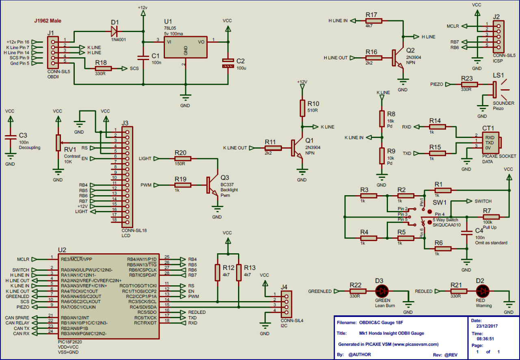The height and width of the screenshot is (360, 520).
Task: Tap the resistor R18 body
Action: tap(103, 69)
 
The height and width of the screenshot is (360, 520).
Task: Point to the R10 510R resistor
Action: tap(302, 108)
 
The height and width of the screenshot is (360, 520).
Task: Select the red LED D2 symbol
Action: tap(483, 291)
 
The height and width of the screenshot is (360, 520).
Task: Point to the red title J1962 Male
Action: tap(47, 21)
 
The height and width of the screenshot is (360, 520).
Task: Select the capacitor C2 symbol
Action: tap(228, 63)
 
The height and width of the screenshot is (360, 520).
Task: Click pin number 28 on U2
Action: tap(167, 275)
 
